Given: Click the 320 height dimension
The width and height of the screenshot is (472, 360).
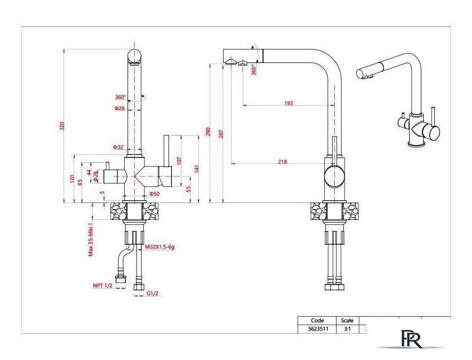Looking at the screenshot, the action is pos(62,125).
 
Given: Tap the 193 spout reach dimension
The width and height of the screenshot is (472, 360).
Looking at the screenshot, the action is pos(288,103).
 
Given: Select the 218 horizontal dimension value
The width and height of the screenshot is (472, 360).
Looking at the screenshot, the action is pos(282,162).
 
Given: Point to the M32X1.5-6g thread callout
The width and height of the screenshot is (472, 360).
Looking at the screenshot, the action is pos(160,247).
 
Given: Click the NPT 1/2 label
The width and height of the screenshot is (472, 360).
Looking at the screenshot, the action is pos(102,286).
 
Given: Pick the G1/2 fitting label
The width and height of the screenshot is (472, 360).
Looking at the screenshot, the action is pos(153,294).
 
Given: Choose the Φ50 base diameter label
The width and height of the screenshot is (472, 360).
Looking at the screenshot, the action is pos(155,193).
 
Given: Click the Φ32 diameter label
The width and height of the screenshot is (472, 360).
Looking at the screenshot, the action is pos(119,147).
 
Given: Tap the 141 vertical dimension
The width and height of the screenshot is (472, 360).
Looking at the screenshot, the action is pos(197,169).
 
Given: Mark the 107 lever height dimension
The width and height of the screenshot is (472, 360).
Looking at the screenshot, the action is pos(179,160).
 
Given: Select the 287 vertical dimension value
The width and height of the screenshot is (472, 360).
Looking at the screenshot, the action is pos(221,134).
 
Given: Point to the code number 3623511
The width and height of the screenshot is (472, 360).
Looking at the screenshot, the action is pos(318,328).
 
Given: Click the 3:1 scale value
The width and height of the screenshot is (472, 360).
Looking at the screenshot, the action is pos(347,328).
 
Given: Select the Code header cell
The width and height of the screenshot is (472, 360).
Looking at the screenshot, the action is pos(317,321).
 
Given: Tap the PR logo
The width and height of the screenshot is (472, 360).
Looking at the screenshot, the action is pos(411,339).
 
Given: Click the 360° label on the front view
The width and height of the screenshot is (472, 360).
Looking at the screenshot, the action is pos(120,97).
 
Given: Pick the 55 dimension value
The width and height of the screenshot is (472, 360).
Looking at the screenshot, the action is pos(188,189).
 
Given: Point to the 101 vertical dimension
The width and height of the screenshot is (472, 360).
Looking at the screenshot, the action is pos(72,178).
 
